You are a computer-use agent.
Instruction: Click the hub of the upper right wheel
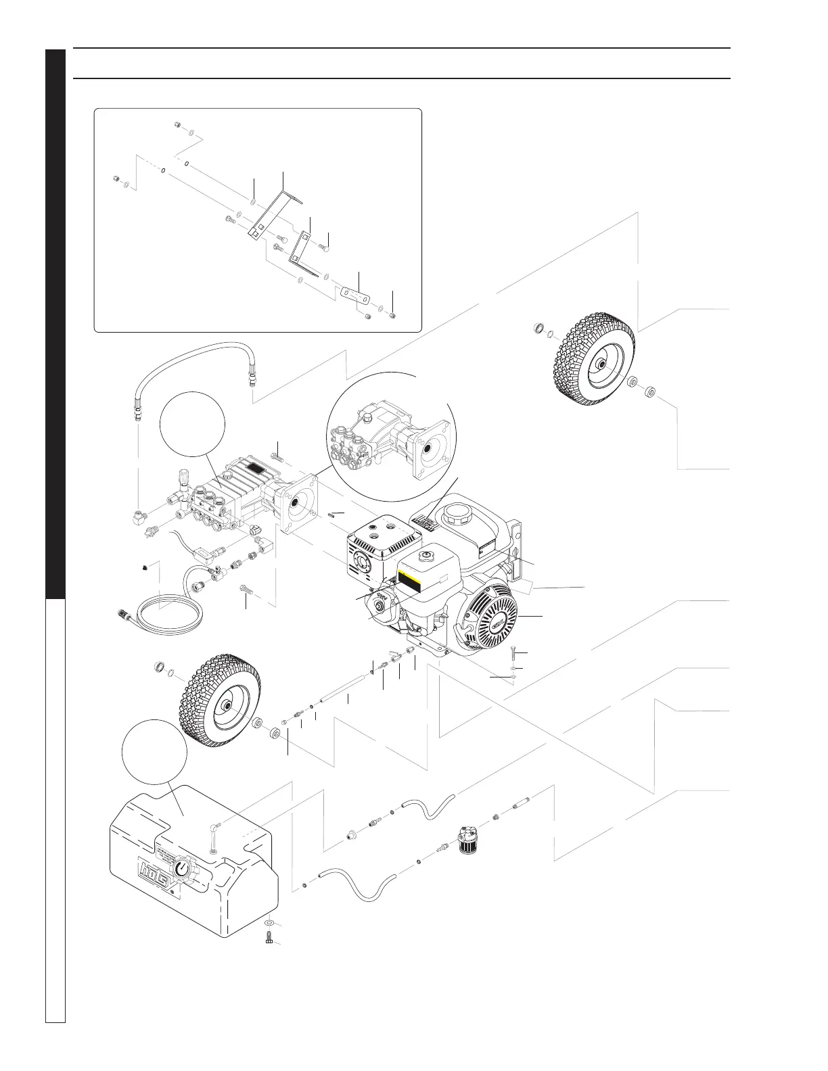click(x=600, y=366)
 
